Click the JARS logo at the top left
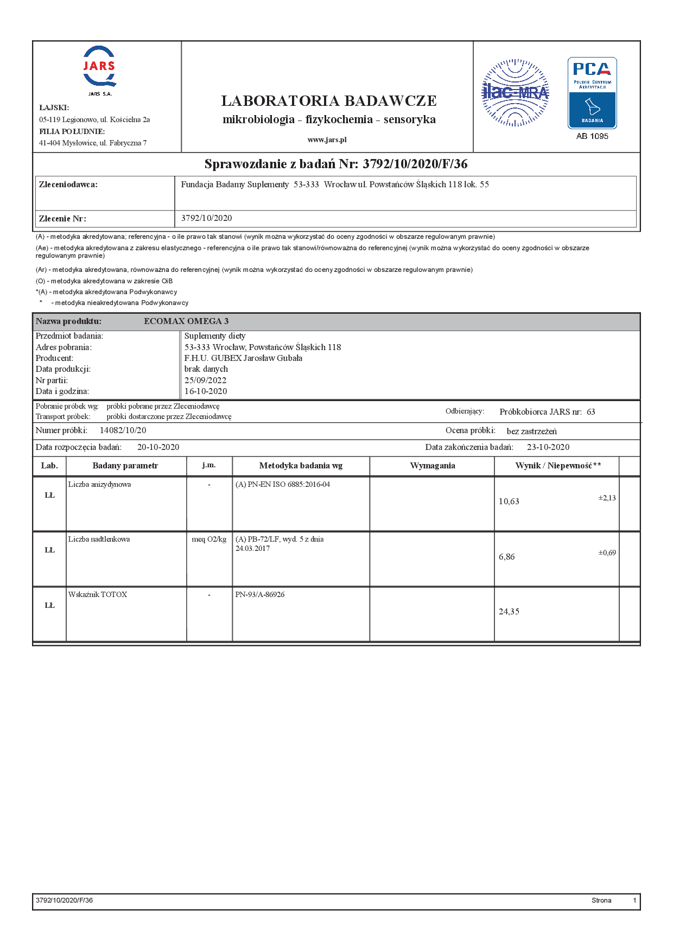[x=99, y=67]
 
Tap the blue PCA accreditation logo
[x=592, y=93]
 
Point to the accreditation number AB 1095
[x=592, y=136]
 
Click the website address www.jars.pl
[x=327, y=139]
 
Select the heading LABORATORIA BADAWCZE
[x=329, y=101]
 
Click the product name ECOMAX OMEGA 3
[x=186, y=321]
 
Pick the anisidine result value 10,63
[x=509, y=502]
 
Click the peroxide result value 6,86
[x=507, y=557]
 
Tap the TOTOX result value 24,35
[x=509, y=612]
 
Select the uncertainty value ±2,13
[x=607, y=498]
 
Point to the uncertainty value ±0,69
[x=607, y=553]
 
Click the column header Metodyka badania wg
[x=301, y=466]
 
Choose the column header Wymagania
[x=433, y=466]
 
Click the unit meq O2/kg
[x=209, y=539]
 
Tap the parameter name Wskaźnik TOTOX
[x=98, y=594]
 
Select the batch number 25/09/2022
[x=205, y=380]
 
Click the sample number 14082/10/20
[x=123, y=430]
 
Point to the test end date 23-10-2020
[x=548, y=447]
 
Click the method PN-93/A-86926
[x=260, y=594]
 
